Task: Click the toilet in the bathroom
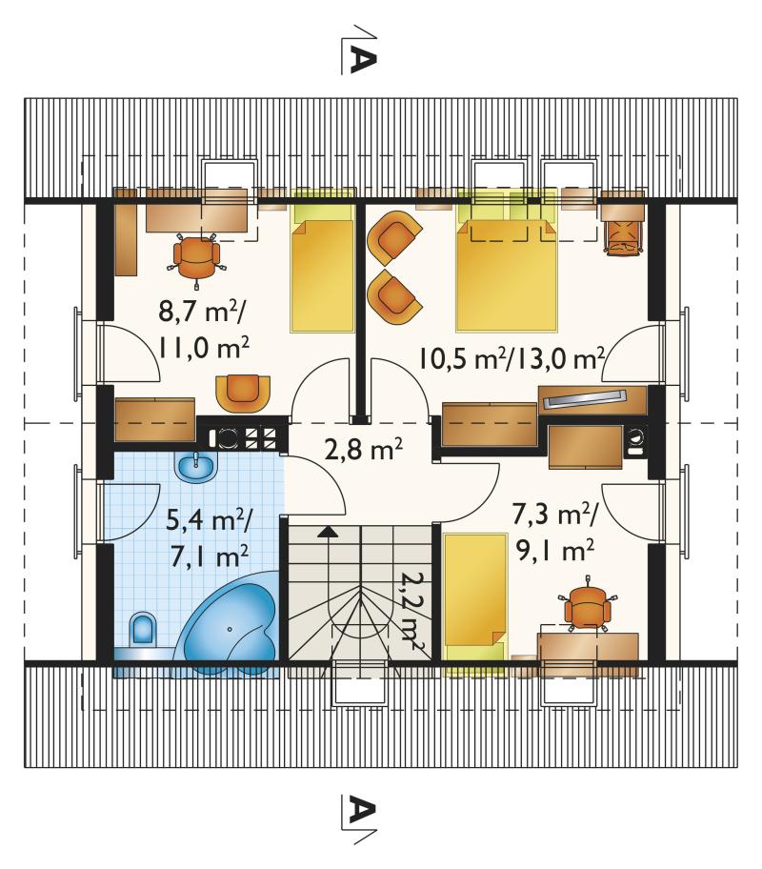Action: [143, 630]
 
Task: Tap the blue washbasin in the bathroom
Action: [196, 466]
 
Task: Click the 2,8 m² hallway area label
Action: [364, 450]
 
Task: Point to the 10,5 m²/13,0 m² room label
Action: [511, 358]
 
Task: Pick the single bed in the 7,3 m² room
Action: [476, 597]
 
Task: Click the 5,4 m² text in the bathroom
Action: [211, 520]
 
